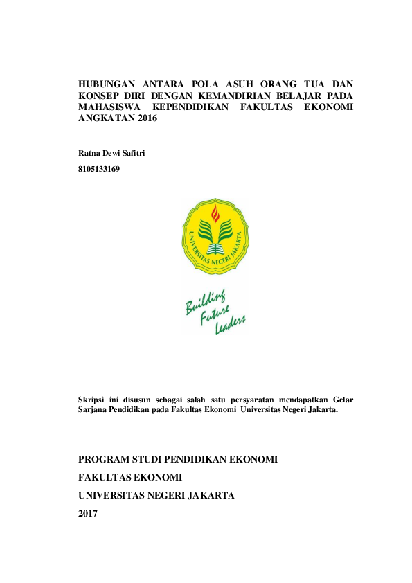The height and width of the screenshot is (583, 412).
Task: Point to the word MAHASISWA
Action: click(x=109, y=107)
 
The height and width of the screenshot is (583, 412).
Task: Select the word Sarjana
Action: click(x=93, y=409)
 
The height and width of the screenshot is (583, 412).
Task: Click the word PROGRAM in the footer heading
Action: click(x=105, y=460)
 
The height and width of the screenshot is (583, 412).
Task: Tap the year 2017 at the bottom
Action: click(x=89, y=513)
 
